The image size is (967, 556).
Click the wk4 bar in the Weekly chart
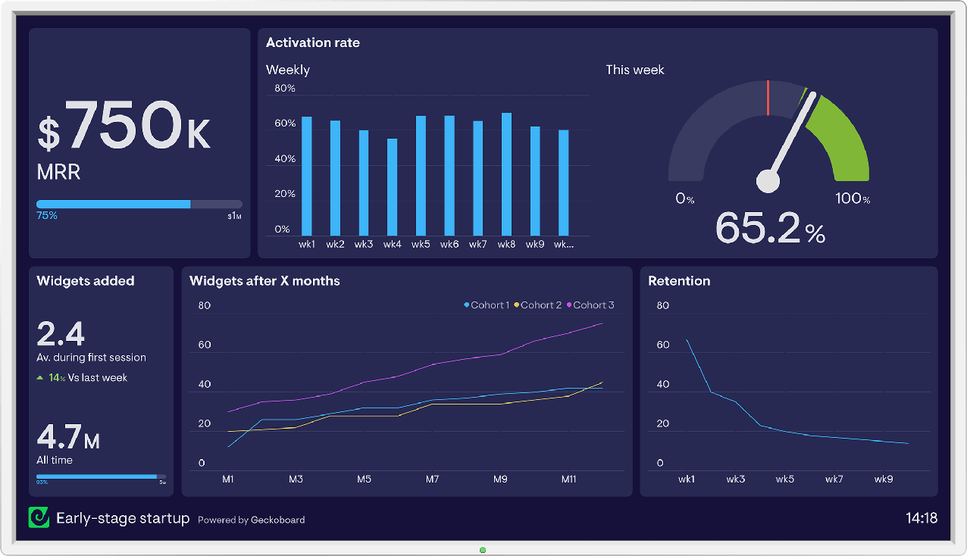pos(392,187)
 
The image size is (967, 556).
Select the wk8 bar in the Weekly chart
pos(506,174)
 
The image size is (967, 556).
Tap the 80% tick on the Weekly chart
pos(285,89)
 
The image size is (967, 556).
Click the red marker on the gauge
pos(768,98)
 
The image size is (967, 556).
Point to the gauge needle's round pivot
pos(768,181)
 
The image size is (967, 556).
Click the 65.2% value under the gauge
pos(768,227)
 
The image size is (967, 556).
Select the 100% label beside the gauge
pos(852,198)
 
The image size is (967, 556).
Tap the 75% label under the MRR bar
pos(47,216)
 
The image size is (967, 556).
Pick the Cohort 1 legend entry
pos(487,305)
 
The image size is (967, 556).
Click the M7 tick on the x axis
pos(432,479)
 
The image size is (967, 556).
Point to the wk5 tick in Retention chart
pos(785,479)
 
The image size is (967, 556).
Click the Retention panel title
pos(679,281)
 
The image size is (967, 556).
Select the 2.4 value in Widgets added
pos(61,333)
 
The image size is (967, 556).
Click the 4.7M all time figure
pos(68,438)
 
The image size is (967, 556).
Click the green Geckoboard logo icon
pos(38,517)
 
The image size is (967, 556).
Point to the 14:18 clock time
pos(922,519)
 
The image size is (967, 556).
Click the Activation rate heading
pos(312,43)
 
